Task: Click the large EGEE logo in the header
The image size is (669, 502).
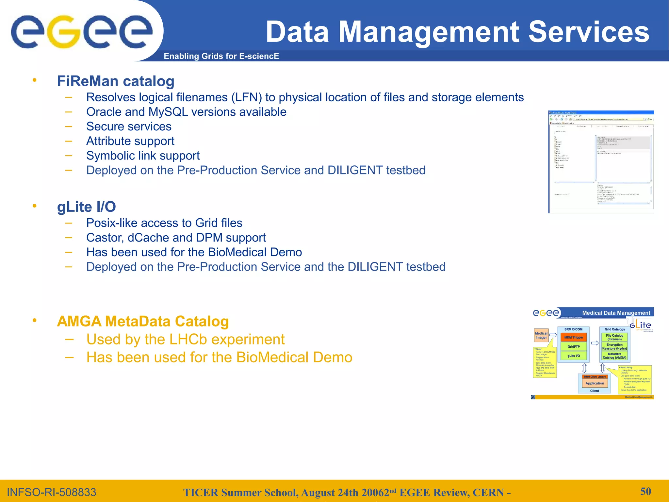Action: pyautogui.click(x=82, y=32)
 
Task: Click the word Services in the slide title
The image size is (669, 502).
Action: pyautogui.click(x=588, y=32)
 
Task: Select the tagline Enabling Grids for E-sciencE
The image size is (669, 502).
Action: pyautogui.click(x=221, y=56)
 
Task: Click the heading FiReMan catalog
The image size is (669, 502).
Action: pyautogui.click(x=116, y=81)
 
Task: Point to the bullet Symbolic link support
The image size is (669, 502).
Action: pyautogui.click(x=143, y=156)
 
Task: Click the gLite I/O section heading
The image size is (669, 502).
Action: pyautogui.click(x=86, y=207)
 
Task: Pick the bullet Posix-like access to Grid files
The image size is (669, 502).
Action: pyautogui.click(x=164, y=223)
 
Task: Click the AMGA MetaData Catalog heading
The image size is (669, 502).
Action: pyautogui.click(x=143, y=321)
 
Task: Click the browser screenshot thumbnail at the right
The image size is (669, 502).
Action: pyautogui.click(x=600, y=162)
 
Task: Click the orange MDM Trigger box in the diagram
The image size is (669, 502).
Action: pyautogui.click(x=574, y=337)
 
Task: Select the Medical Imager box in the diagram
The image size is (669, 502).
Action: pyautogui.click(x=541, y=336)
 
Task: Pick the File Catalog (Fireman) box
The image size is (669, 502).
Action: pyautogui.click(x=614, y=337)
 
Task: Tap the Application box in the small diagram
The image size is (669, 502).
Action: pyautogui.click(x=595, y=383)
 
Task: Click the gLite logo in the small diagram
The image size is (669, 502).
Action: pyautogui.click(x=640, y=325)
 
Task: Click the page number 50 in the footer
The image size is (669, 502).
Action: pyautogui.click(x=645, y=491)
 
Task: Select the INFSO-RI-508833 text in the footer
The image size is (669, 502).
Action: pyautogui.click(x=52, y=492)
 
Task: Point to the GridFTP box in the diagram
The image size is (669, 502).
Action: pyautogui.click(x=574, y=346)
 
